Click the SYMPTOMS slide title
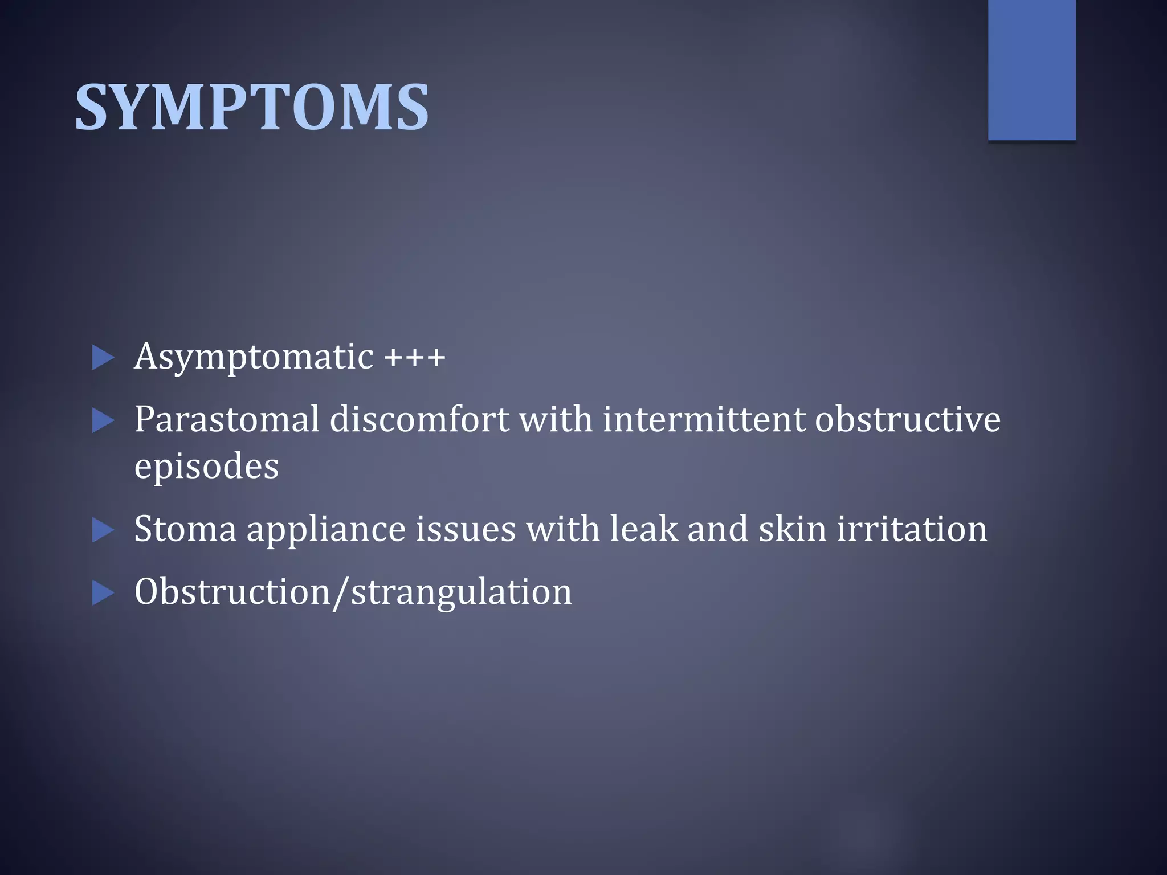click(252, 107)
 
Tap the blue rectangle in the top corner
click(1031, 69)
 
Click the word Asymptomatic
click(254, 358)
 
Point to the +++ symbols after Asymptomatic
click(414, 358)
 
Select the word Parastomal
click(227, 420)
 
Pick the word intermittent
click(703, 420)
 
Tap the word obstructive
click(907, 420)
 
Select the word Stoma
click(185, 529)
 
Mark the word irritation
click(912, 529)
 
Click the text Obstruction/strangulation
click(353, 592)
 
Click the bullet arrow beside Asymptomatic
click(103, 358)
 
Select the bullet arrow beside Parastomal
click(103, 422)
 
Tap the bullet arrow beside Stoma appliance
click(103, 530)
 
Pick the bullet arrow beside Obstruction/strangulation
click(103, 593)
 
